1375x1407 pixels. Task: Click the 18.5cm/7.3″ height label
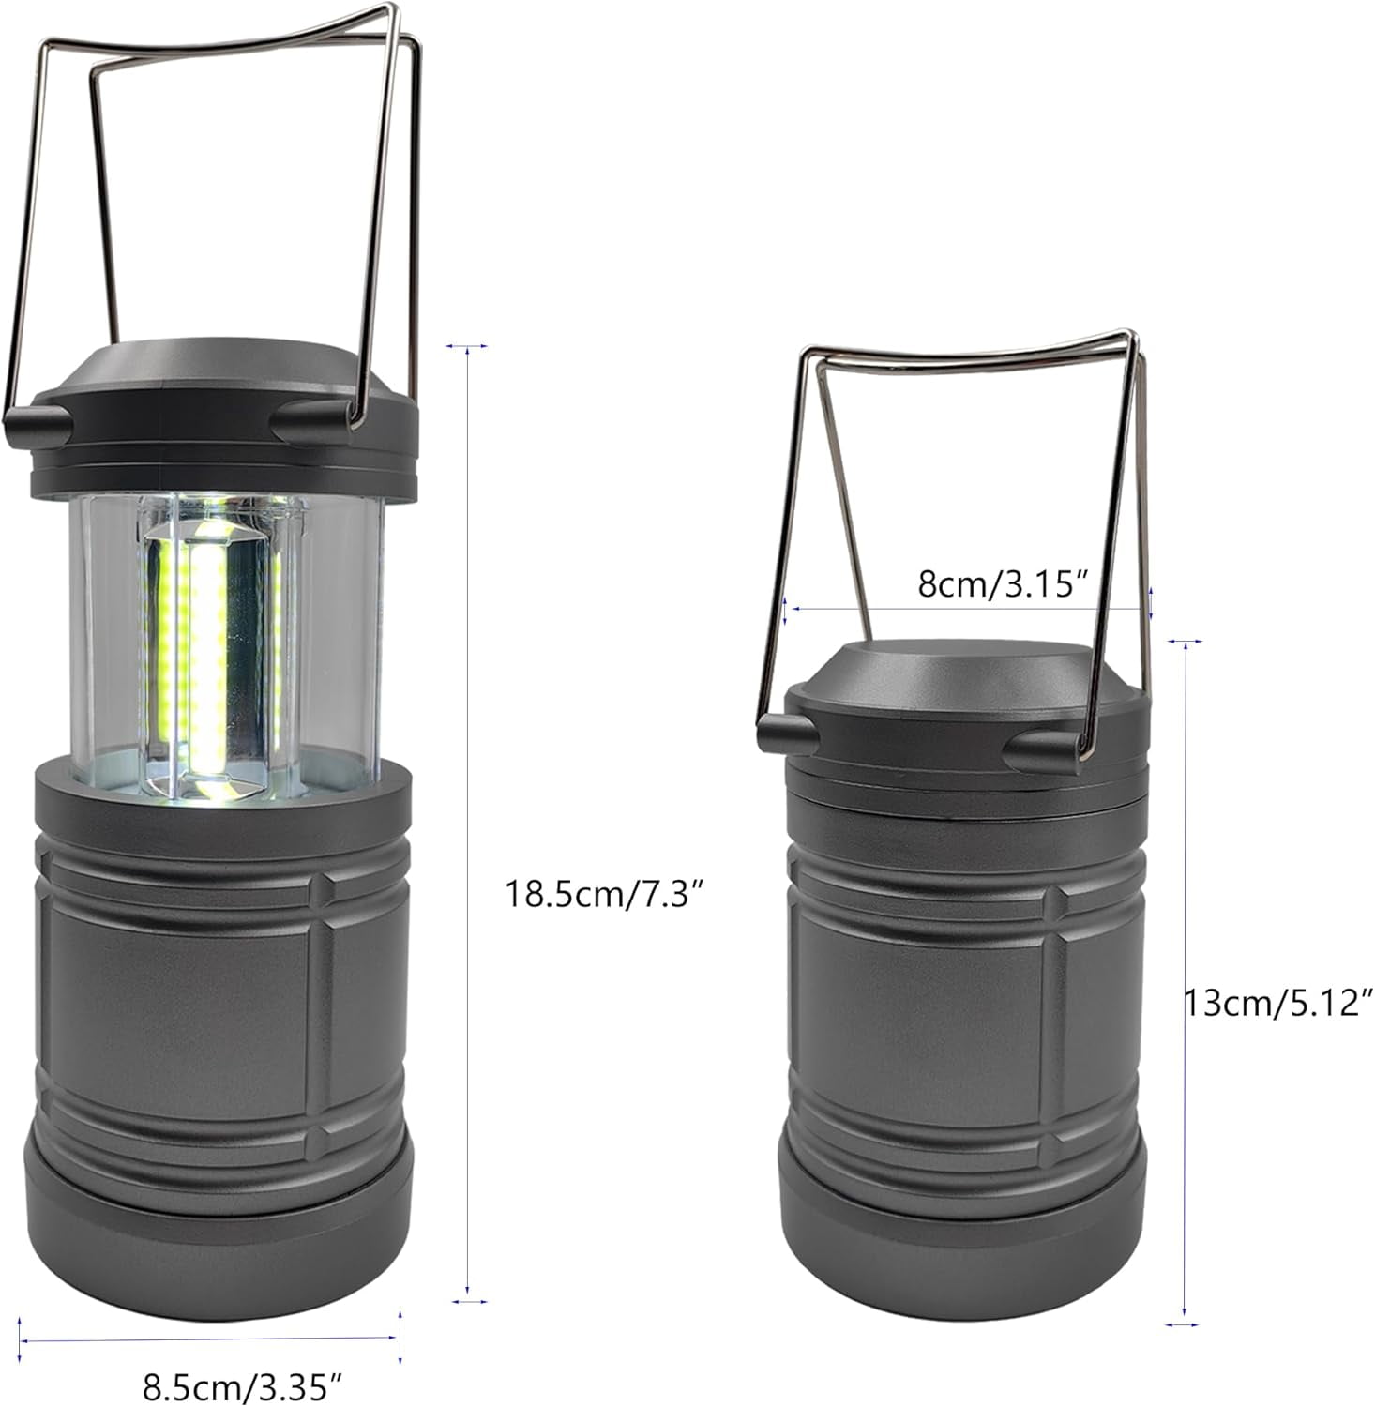pyautogui.click(x=605, y=893)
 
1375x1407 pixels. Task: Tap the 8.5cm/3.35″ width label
pyautogui.click(x=242, y=1384)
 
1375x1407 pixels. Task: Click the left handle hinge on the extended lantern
pyautogui.click(x=38, y=420)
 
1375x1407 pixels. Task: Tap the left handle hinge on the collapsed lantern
pyautogui.click(x=786, y=730)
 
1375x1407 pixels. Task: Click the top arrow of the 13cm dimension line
pyautogui.click(x=1185, y=643)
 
